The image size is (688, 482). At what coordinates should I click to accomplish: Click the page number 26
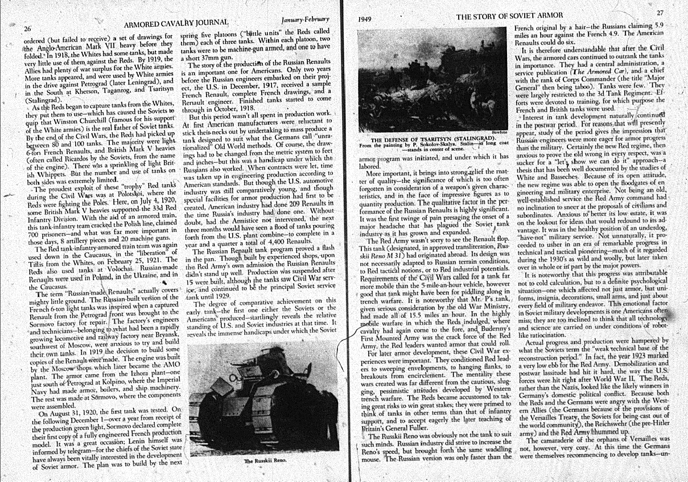click(27, 29)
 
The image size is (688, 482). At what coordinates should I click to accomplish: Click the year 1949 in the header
click(366, 18)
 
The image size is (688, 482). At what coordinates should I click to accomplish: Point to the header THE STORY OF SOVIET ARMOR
click(510, 15)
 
